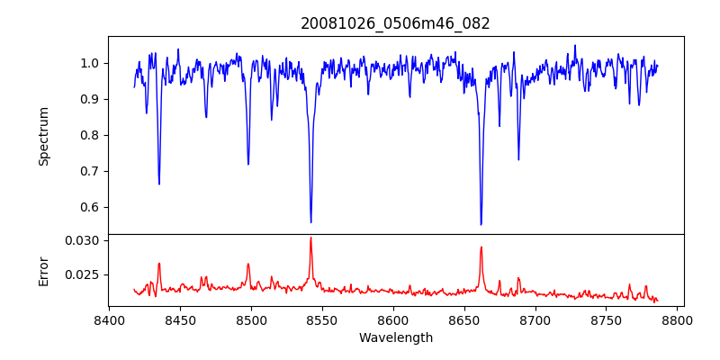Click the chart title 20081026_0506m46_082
coord(395,23)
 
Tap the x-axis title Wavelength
coord(395,337)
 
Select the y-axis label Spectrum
coord(44,136)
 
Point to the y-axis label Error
coord(44,271)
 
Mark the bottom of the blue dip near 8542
coord(310,222)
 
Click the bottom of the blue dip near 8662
coord(481,225)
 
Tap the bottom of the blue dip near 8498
coord(248,165)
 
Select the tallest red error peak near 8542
coord(310,238)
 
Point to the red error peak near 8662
coord(481,247)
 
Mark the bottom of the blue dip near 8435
coord(158,184)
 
